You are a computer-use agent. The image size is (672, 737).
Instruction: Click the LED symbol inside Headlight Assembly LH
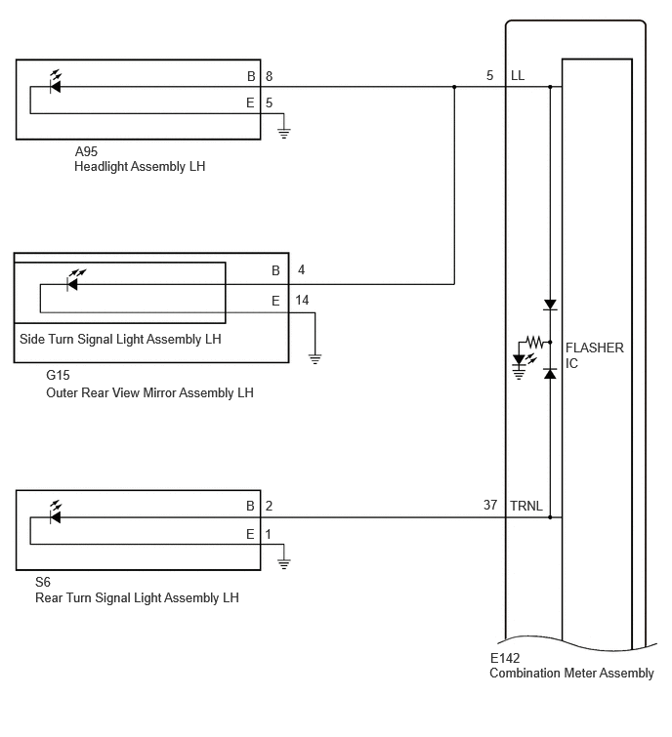point(56,83)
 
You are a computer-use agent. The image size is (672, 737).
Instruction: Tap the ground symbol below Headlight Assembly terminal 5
point(283,133)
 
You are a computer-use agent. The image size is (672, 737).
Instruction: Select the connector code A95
point(86,151)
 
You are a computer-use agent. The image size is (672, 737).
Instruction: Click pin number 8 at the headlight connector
point(269,76)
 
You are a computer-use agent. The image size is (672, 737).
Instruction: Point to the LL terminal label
point(518,76)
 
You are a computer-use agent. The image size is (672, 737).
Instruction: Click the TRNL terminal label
point(526,506)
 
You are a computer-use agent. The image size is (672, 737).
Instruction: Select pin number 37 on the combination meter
point(490,505)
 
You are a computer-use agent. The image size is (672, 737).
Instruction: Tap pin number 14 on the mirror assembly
point(302,300)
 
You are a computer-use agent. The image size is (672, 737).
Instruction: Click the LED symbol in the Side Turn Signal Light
point(74,280)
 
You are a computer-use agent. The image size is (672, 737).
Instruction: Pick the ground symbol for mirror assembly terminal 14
point(315,359)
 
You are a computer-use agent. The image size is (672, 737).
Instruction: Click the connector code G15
point(58,375)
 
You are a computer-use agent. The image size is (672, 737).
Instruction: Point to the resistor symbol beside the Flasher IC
point(533,342)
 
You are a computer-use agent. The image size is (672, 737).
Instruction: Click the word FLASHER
point(595,348)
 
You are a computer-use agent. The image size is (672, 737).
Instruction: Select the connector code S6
point(43,582)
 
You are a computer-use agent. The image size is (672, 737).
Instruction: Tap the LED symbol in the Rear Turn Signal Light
point(56,513)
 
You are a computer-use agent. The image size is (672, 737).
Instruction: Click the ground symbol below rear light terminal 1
point(283,563)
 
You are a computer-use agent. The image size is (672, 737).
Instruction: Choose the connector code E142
point(505,658)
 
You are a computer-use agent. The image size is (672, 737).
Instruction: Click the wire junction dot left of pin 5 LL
point(454,87)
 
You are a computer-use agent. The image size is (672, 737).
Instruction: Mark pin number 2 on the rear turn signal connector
point(269,506)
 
